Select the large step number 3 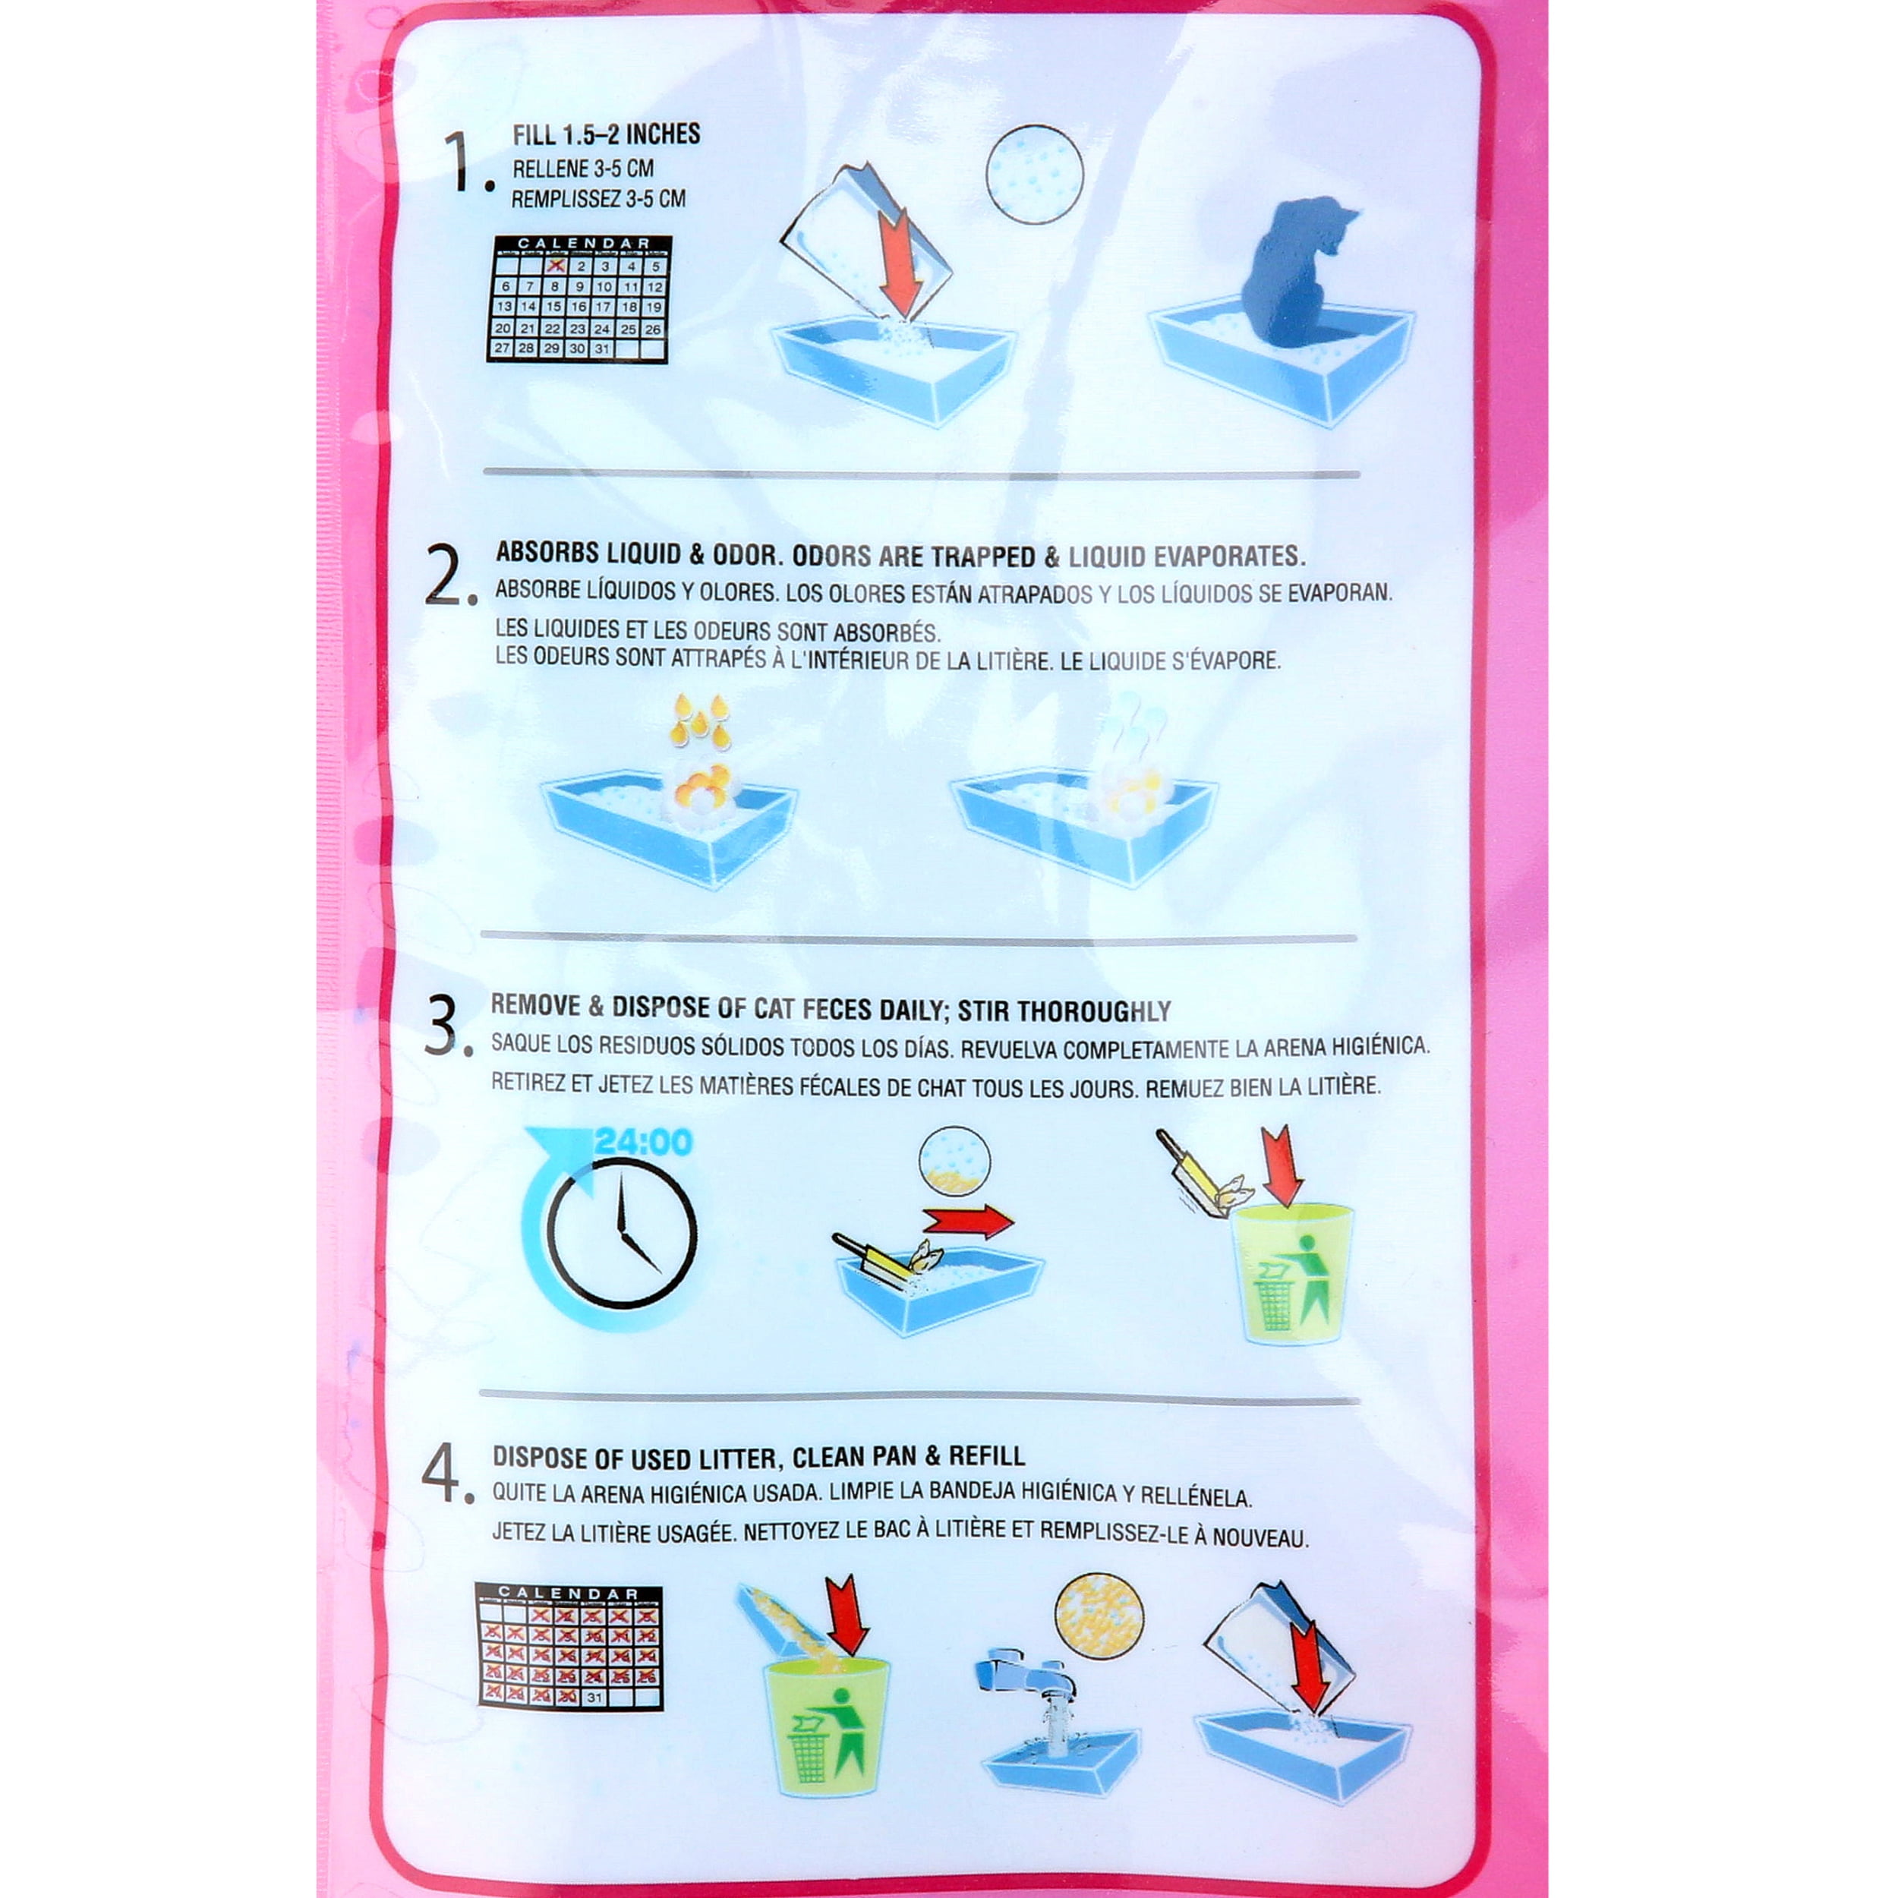tap(448, 1026)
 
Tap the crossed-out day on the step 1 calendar tap(555, 265)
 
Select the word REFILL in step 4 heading tap(989, 1456)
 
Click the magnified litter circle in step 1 tap(1035, 174)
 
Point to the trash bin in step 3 tap(1292, 1274)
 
